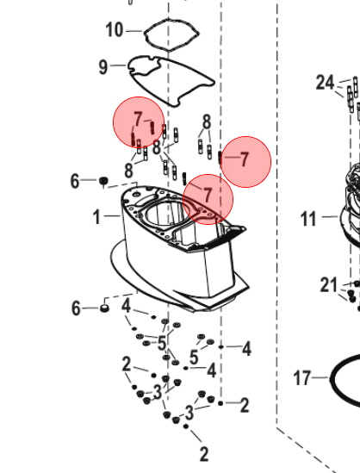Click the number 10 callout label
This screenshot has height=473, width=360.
(115, 30)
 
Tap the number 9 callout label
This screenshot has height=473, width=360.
(103, 67)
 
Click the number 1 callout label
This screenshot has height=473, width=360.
(96, 217)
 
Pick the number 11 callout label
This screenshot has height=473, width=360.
(308, 219)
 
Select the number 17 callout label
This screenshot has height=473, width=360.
(301, 378)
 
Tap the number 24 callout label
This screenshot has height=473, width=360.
(325, 83)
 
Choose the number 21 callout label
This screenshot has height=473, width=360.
(328, 285)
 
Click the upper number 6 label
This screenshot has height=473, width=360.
(75, 181)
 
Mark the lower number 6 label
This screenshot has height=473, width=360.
(76, 308)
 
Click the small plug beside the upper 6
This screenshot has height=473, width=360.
(103, 181)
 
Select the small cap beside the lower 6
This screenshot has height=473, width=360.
(104, 308)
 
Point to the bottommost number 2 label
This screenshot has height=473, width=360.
(204, 454)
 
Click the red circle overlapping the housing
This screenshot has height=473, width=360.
(208, 199)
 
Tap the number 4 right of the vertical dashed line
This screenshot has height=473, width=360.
(246, 349)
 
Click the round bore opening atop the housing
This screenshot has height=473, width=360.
(164, 215)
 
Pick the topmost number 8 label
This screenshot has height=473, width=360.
(207, 122)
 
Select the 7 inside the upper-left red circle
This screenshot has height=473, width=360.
(138, 119)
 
